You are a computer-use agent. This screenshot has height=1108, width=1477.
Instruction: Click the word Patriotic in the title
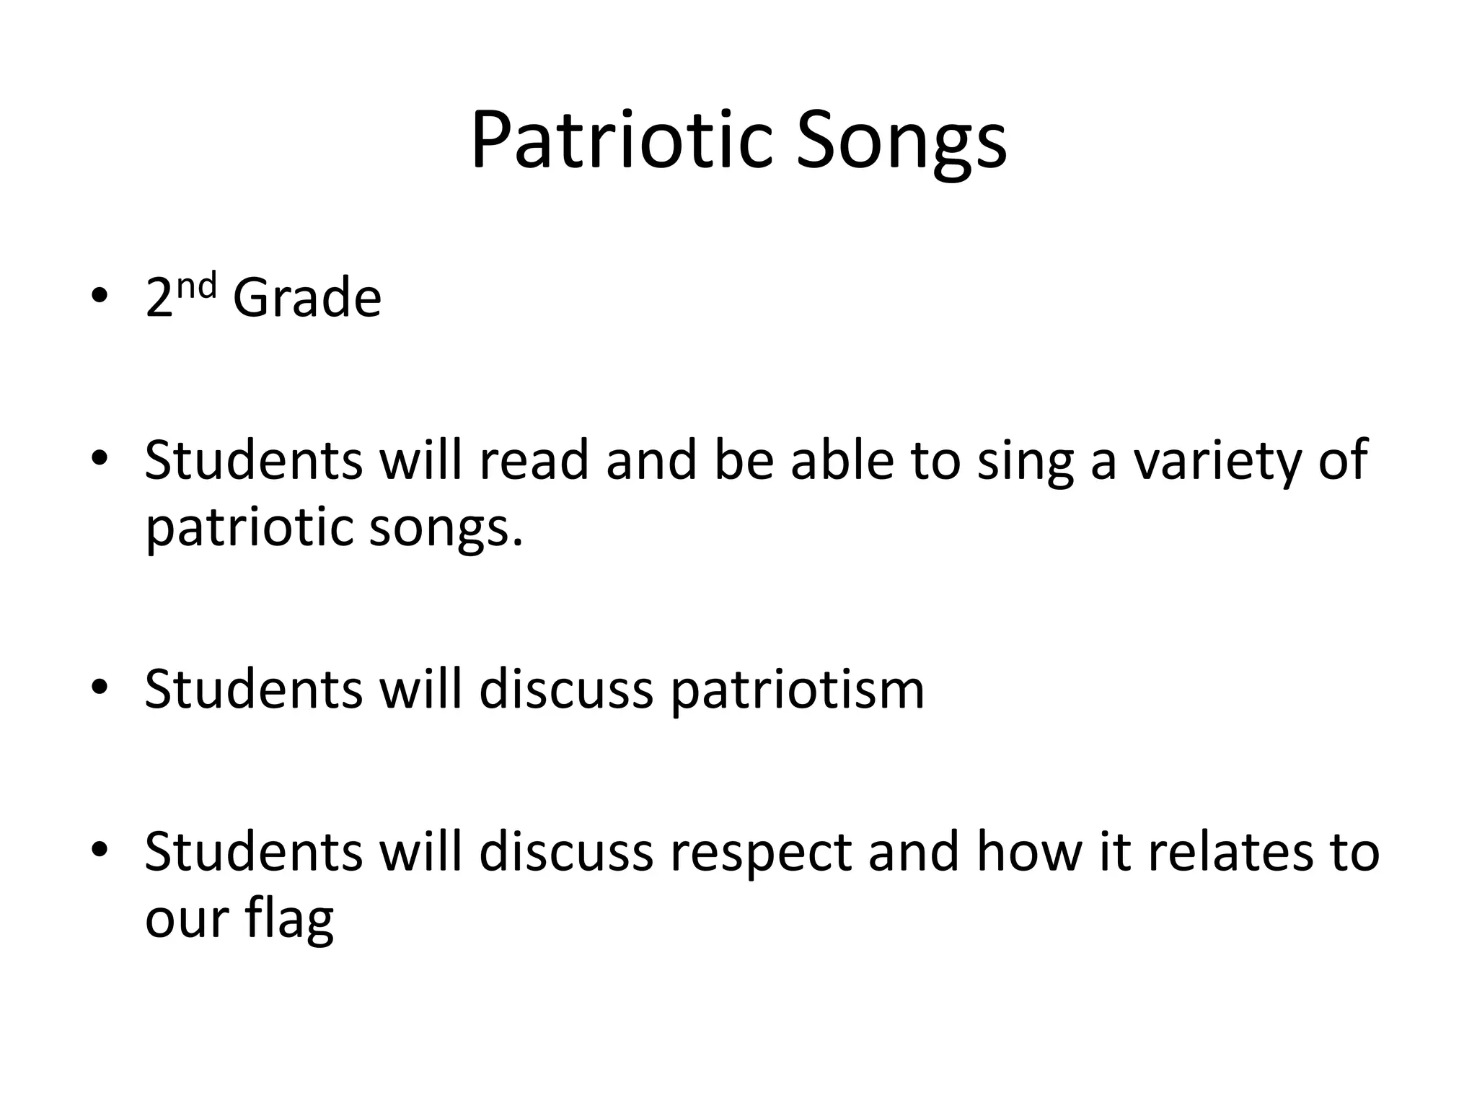625,141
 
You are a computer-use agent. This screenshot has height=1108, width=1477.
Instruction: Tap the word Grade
307,297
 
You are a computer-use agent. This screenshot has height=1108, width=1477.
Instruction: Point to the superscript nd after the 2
196,286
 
